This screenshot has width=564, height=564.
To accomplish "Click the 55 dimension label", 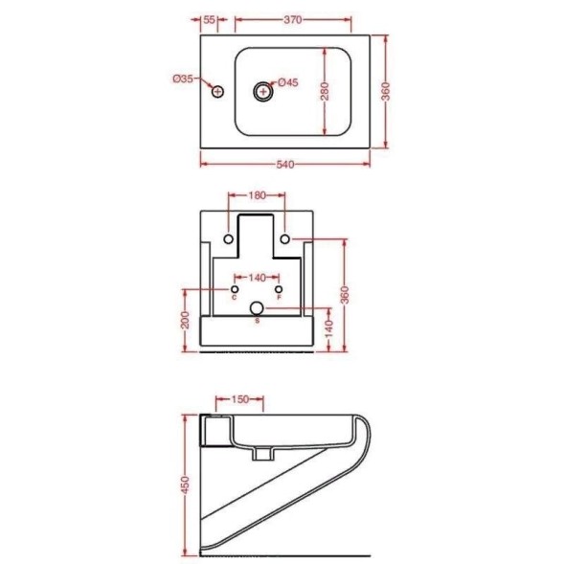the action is point(209,19).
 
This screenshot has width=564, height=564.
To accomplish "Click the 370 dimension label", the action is point(293,19).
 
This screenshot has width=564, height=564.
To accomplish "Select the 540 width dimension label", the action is point(285,165).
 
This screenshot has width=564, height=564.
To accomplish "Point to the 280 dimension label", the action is point(325,91).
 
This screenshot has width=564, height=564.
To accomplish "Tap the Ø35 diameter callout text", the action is point(183,79).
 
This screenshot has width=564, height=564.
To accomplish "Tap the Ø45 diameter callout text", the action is point(288,82).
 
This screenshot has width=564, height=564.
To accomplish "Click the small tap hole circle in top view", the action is point(217,92).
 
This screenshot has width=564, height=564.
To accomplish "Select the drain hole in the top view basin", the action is point(263,91).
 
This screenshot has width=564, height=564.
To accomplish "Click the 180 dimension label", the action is point(257,195).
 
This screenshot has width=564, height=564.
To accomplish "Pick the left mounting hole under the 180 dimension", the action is point(229,238).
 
